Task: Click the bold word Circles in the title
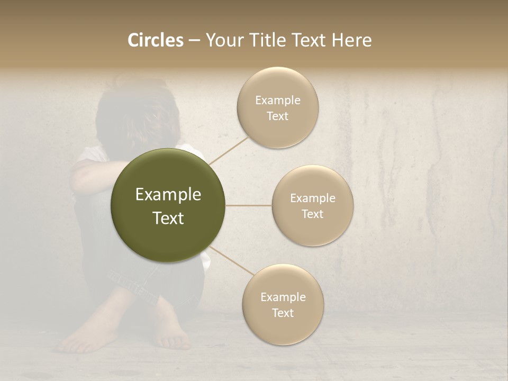[x=156, y=40]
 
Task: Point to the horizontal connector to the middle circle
[x=249, y=205]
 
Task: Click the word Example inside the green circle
[x=168, y=195]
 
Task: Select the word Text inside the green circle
[x=168, y=218]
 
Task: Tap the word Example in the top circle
[x=278, y=100]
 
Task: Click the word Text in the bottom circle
[x=283, y=313]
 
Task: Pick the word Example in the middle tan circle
[x=313, y=198]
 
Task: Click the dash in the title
[x=194, y=40]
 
